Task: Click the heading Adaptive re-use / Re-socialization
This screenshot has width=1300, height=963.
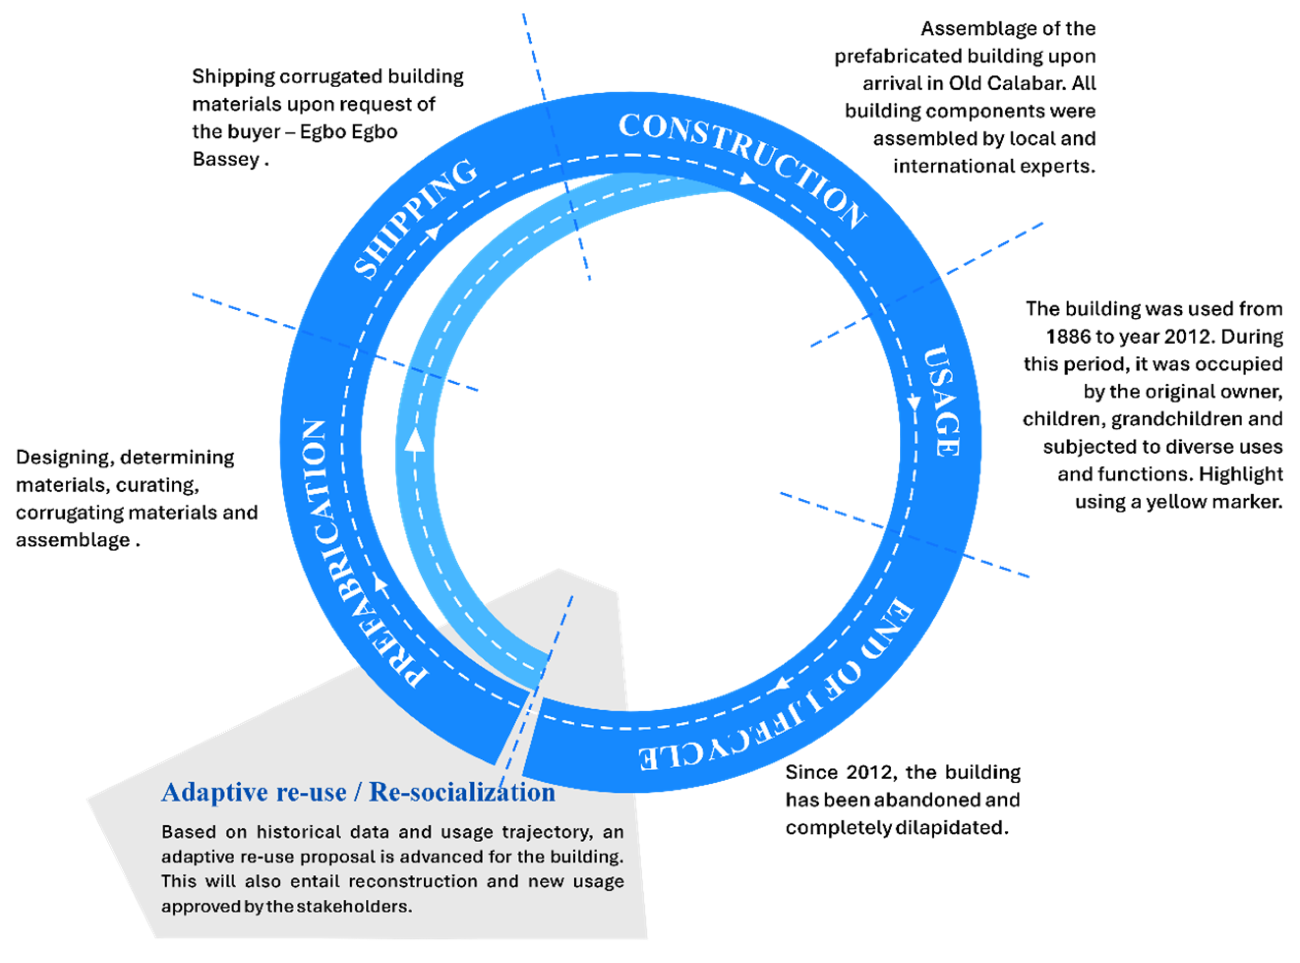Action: [x=358, y=792]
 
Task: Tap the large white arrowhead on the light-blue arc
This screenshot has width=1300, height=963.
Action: [x=415, y=440]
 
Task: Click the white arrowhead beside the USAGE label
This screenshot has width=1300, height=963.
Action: [x=913, y=403]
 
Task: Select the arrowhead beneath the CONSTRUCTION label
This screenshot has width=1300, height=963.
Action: [x=746, y=179]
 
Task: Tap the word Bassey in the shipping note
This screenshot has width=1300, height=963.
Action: [x=226, y=159]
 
